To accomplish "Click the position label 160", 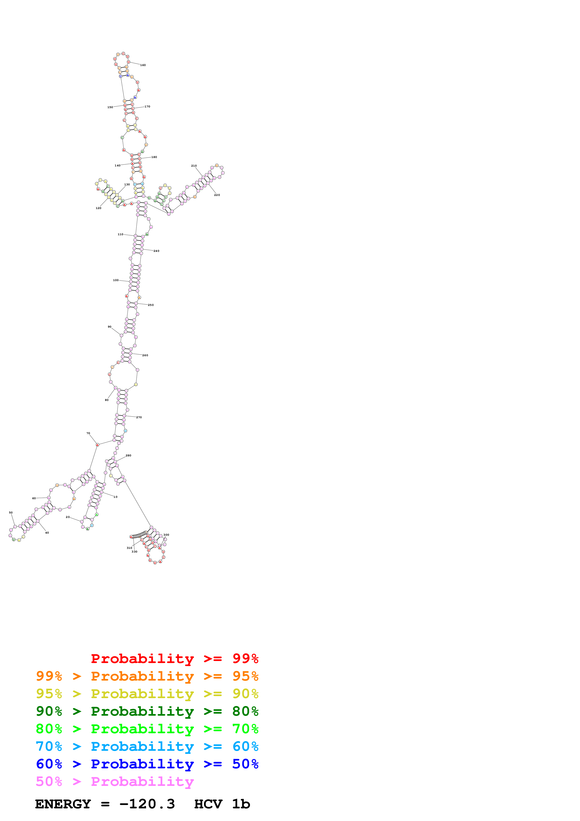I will click(x=143, y=65).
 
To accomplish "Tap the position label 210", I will click(x=194, y=165).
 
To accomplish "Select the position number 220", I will click(x=217, y=195).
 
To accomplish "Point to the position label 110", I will click(x=120, y=234).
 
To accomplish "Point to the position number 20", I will click(x=68, y=517).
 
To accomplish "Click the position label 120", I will click(x=98, y=208).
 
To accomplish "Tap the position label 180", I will click(x=154, y=157).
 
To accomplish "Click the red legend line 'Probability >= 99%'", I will click(x=174, y=659).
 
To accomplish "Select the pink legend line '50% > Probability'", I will click(x=115, y=782).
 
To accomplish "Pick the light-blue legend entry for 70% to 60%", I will click(x=147, y=747).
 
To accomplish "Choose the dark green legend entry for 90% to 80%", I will click(x=147, y=711).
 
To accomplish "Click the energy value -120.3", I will click(x=147, y=804).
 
